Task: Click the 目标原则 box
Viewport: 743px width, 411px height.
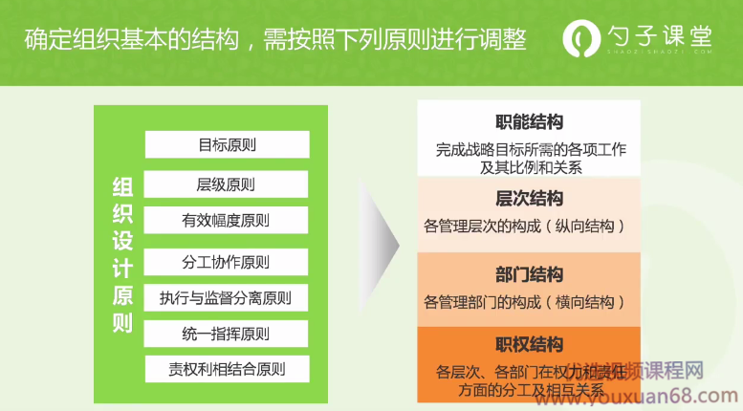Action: [227, 145]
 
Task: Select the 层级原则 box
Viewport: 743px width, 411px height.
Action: [227, 184]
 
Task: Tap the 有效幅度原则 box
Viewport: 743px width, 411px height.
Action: [227, 221]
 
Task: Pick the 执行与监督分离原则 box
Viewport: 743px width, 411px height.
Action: [227, 298]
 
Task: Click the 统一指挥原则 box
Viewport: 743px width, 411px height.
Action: [227, 335]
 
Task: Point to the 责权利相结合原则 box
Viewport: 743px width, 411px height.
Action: [227, 370]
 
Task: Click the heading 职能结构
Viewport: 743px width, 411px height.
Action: [530, 122]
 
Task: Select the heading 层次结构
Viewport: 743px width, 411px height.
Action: [530, 199]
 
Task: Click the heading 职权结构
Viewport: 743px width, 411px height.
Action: [530, 344]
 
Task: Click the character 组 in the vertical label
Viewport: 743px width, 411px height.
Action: [122, 186]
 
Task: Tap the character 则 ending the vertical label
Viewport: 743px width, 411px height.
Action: [122, 323]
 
